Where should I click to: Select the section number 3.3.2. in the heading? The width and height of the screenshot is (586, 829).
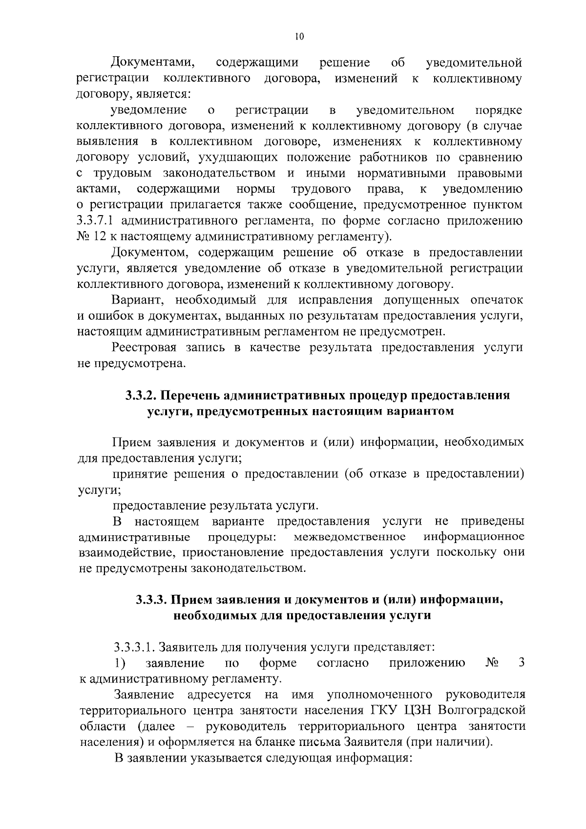coord(140,395)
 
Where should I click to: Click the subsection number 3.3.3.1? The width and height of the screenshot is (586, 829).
coord(134,648)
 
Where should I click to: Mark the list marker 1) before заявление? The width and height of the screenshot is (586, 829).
coord(120,663)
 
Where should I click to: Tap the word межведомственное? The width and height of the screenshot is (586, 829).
coord(350,537)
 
